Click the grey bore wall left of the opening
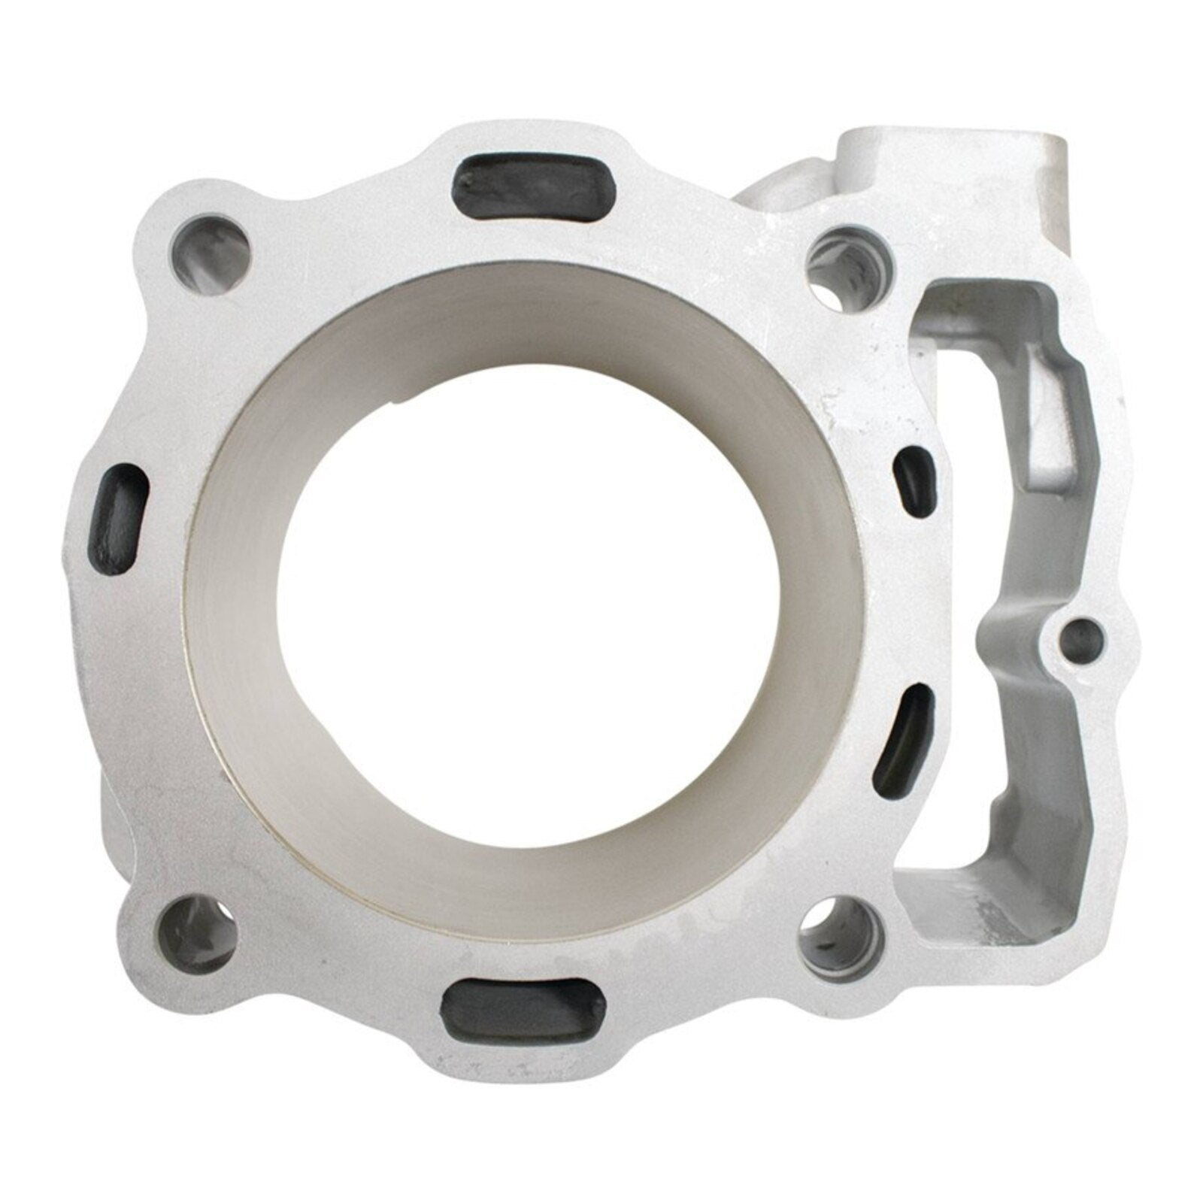coord(233,601)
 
